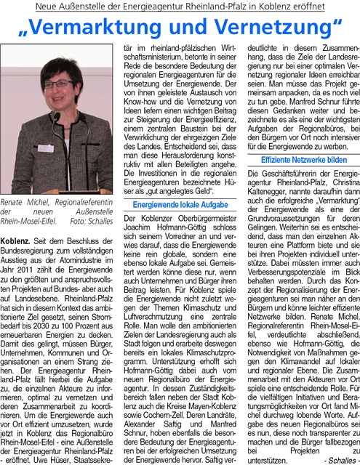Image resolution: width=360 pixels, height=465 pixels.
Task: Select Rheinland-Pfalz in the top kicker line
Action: click(225, 7)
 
